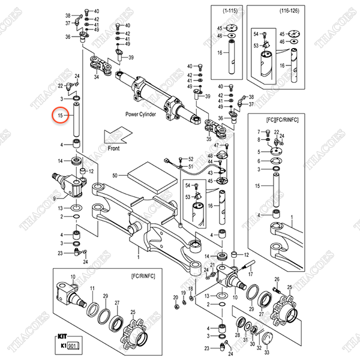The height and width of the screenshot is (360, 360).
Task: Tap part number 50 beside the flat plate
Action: [x=115, y=175]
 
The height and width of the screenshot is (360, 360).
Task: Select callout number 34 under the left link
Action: [x=97, y=77]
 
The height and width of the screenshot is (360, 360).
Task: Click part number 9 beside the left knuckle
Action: [x=55, y=198]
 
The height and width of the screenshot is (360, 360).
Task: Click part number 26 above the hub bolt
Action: [x=277, y=279]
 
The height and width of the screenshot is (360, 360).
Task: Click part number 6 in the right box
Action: [x=259, y=161]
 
